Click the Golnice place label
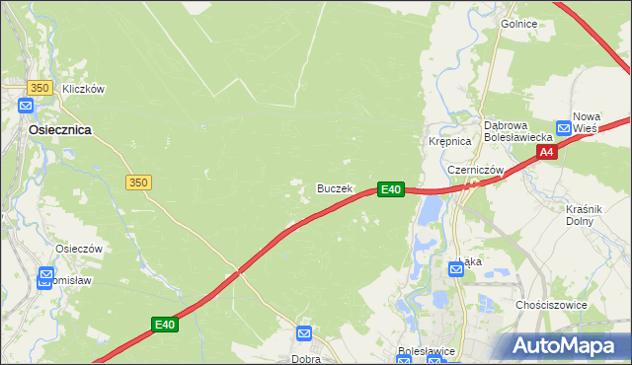tap(517, 24)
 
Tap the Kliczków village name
tap(83, 89)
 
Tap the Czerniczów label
tap(476, 170)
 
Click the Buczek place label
tap(334, 187)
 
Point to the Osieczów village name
tap(80, 250)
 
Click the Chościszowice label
tap(552, 306)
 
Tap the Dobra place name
tap(305, 359)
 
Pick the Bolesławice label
tap(425, 350)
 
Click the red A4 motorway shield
tap(547, 151)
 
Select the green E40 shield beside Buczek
tap(390, 188)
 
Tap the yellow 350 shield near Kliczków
tap(39, 88)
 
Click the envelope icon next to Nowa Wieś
tap(564, 127)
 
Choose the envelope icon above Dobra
tap(304, 334)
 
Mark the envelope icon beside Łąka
tap(456, 267)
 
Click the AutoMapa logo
tap(566, 345)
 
